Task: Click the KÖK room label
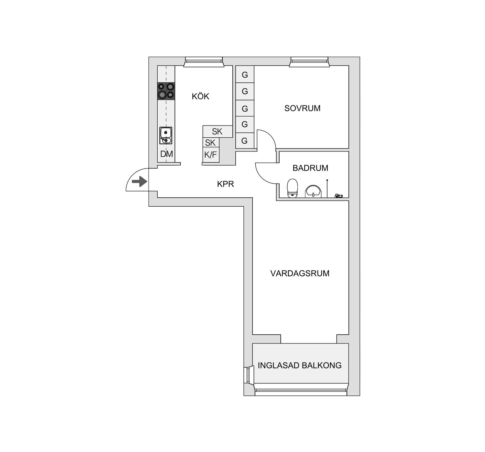pos(200,96)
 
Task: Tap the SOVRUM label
pos(302,108)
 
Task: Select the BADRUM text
pos(310,168)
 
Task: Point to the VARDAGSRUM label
pos(300,273)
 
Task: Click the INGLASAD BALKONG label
pos(299,365)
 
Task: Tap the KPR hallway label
pos(225,184)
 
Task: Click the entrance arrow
pos(139,181)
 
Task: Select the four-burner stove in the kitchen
pos(166,91)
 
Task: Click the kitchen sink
pos(166,136)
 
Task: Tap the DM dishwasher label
pos(166,154)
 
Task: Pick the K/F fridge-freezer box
pos(211,155)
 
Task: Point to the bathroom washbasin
pos(313,191)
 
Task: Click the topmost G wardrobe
pos(245,74)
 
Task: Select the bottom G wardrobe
pos(245,141)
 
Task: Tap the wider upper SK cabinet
pos(217,132)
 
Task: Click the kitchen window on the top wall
pos(204,61)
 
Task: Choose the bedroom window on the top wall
pos(309,61)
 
